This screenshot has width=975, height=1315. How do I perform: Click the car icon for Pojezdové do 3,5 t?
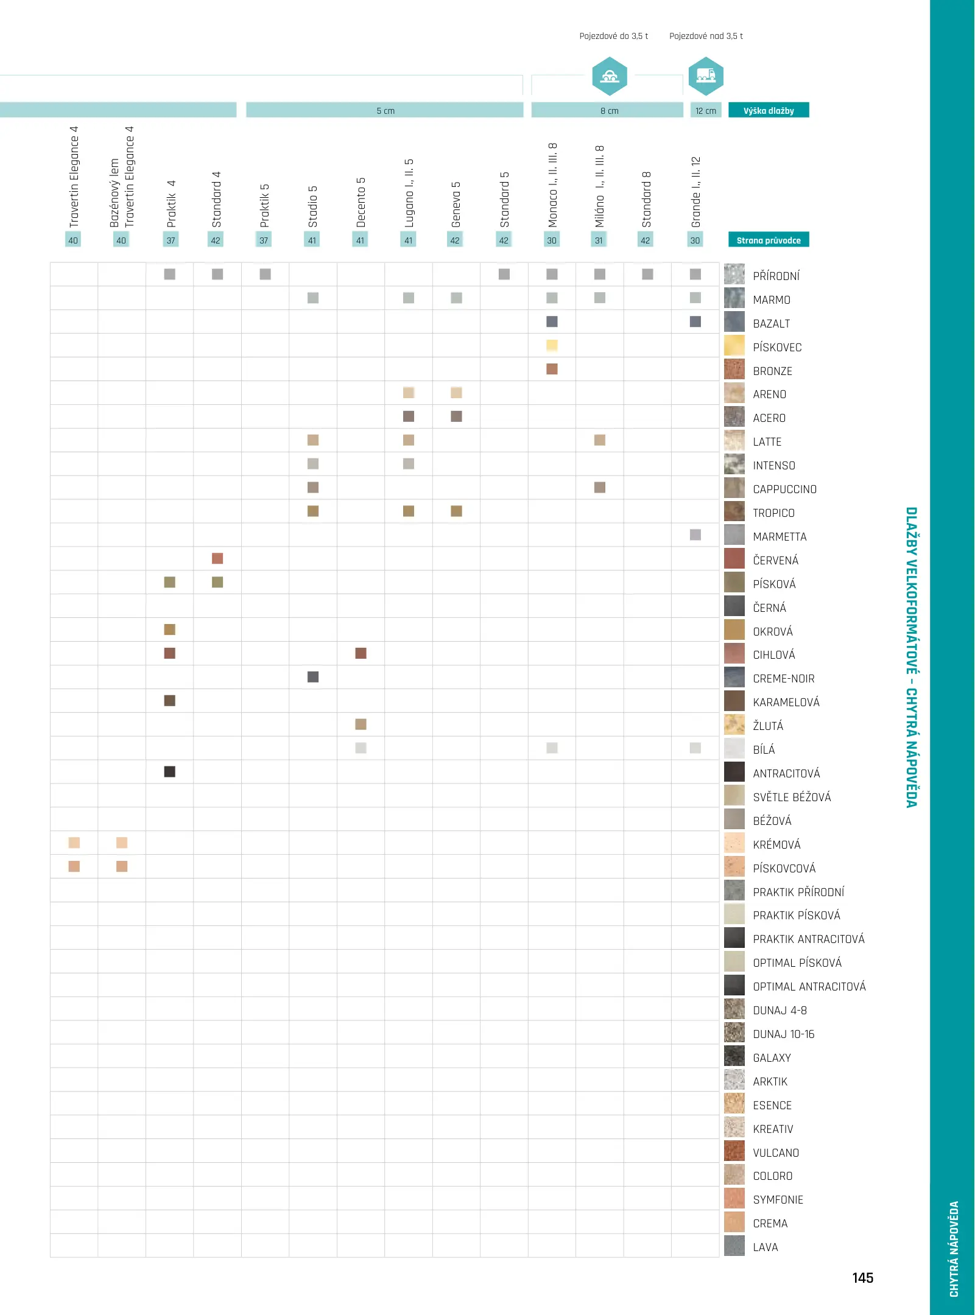(x=610, y=76)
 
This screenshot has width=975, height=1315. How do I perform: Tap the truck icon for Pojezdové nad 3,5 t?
(x=706, y=76)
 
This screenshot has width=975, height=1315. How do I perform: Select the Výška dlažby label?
(x=769, y=110)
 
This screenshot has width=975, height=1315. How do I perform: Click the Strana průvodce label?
(x=769, y=240)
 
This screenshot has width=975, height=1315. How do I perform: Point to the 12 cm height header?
(x=706, y=110)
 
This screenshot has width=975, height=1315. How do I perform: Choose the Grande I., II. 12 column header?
(x=695, y=192)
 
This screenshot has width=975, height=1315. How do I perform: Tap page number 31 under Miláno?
(x=599, y=240)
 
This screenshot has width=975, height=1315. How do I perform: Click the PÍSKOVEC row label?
(x=777, y=347)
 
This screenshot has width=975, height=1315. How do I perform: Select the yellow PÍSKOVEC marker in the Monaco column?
(x=552, y=345)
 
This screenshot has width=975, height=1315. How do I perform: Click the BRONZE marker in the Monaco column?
(x=552, y=369)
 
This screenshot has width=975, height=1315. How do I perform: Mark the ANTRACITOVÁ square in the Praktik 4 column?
(x=170, y=771)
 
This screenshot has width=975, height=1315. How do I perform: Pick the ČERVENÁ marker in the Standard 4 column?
(x=217, y=558)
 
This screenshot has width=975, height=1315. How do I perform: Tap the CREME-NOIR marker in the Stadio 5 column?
(x=313, y=677)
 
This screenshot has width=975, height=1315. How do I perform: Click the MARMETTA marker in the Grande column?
(x=695, y=535)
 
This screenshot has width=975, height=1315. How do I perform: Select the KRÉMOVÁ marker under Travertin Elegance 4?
(x=74, y=843)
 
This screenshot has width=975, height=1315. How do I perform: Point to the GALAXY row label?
(x=772, y=1057)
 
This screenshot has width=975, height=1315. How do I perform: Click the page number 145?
(x=862, y=1278)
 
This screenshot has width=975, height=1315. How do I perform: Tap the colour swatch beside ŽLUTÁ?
(x=734, y=724)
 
